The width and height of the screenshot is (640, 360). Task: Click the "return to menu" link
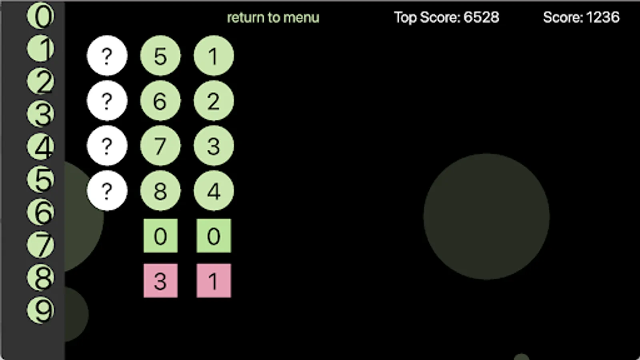tap(273, 18)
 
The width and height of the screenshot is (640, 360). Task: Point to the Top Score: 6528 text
tap(446, 17)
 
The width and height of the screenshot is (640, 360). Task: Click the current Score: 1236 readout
tap(581, 17)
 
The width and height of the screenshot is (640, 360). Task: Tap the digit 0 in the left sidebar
tap(40, 16)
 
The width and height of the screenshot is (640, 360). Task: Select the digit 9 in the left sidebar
tap(40, 311)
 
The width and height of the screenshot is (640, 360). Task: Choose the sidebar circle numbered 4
tap(40, 147)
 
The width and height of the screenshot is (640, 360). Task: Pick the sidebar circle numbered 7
tap(40, 245)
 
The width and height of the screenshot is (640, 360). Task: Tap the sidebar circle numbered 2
tap(40, 82)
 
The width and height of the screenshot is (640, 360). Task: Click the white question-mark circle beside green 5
tap(107, 56)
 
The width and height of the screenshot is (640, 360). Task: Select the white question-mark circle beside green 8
tap(107, 191)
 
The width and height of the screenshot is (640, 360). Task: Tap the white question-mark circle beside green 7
tap(107, 146)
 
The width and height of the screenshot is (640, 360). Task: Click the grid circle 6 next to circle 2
tap(160, 101)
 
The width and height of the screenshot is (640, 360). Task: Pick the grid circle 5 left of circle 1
tap(160, 56)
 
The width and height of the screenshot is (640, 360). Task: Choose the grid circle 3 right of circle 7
tap(214, 146)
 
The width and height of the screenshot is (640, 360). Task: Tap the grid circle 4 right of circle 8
tap(214, 191)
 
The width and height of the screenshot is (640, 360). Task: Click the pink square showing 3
tap(160, 281)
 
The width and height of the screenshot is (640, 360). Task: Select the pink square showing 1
tap(214, 281)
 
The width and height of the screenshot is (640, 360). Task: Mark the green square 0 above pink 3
tap(160, 236)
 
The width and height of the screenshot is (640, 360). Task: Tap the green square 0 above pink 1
tap(214, 236)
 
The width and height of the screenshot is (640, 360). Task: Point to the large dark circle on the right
tap(486, 216)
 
